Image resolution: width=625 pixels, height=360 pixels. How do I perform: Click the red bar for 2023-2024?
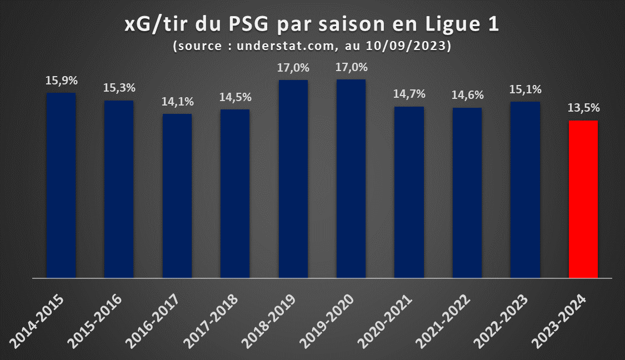[583, 199]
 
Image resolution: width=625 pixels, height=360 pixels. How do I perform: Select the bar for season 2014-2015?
[61, 186]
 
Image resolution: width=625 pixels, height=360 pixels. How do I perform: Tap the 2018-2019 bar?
[293, 179]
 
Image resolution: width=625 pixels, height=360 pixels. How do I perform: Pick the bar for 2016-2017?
[177, 196]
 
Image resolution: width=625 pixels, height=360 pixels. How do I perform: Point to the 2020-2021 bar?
[409, 192]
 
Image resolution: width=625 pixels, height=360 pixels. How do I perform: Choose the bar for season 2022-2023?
[526, 190]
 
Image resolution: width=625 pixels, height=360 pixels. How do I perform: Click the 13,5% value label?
[583, 108]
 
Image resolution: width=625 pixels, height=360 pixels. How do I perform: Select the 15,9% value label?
[61, 81]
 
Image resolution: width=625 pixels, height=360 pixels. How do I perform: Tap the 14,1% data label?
[177, 102]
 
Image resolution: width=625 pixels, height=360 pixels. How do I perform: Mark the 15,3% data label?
[119, 88]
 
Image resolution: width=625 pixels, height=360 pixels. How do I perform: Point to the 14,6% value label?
[468, 95]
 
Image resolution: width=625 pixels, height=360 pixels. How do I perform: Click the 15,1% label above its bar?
[526, 89]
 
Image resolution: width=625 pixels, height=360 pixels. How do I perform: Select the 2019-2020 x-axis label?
[327, 321]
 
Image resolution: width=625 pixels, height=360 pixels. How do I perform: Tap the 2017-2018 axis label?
[211, 321]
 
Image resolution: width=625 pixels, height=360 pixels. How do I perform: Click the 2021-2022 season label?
[442, 321]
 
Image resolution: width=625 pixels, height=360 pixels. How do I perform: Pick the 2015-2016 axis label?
[94, 321]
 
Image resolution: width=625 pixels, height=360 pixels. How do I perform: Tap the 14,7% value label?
[409, 94]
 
